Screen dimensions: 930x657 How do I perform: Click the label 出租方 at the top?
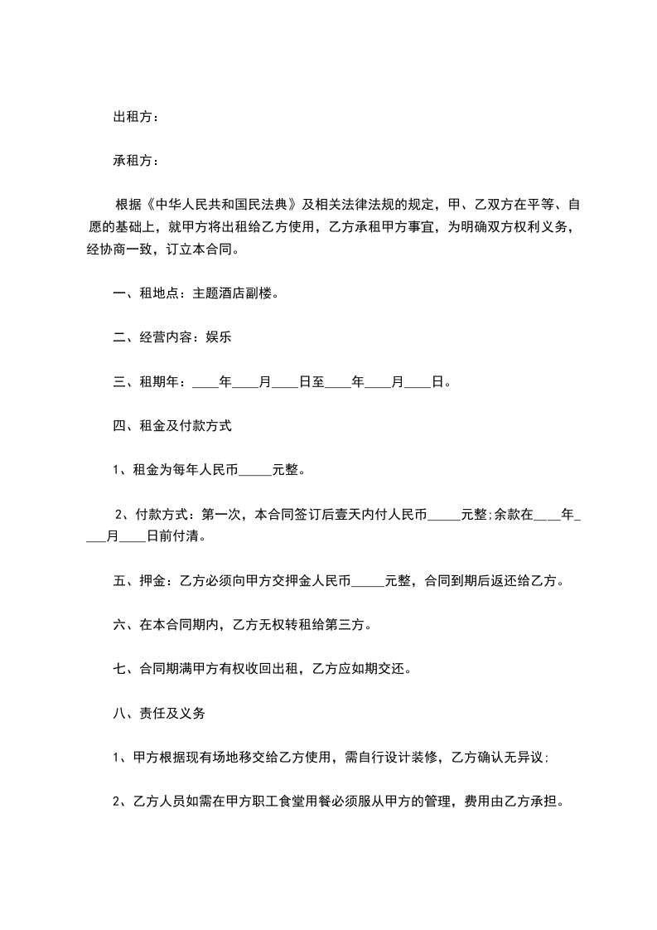[132, 118]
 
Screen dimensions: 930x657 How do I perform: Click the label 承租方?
[132, 161]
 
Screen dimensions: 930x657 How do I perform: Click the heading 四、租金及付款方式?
[172, 426]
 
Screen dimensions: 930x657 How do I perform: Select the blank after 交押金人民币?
[369, 582]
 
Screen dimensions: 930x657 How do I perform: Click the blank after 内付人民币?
[442, 516]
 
